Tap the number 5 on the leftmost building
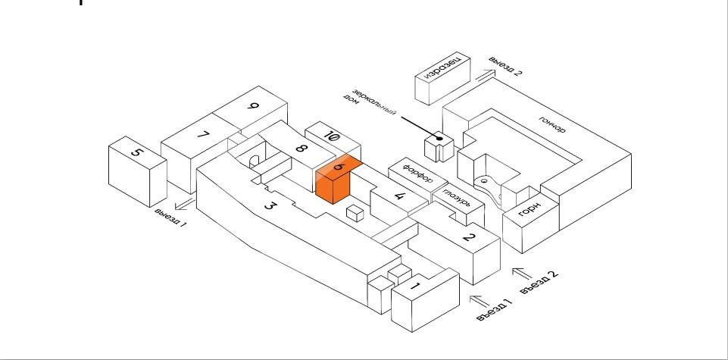click(136, 152)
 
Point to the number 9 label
click(252, 107)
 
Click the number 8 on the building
click(301, 149)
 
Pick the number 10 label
click(330, 136)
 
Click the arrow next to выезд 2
click(486, 73)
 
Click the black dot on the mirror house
click(439, 138)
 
